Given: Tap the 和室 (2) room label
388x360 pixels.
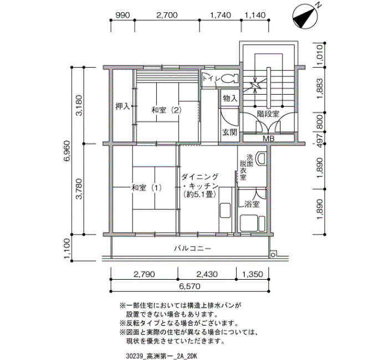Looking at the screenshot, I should click(166, 109).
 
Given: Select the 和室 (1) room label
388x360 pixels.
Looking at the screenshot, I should click(146, 188).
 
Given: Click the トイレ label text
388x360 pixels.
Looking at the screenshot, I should click(211, 79).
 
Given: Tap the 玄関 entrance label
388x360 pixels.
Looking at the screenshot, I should click(229, 132).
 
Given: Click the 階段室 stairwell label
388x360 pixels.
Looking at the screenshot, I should click(268, 114).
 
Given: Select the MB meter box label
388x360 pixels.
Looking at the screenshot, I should click(269, 138).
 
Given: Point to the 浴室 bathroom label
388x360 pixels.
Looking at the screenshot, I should click(251, 204).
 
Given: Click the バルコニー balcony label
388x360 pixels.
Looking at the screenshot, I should click(192, 249).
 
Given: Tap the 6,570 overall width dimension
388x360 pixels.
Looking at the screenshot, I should click(190, 286).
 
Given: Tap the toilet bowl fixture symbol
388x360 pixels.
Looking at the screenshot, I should click(231, 78).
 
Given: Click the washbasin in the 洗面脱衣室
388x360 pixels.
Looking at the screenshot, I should click(262, 159).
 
